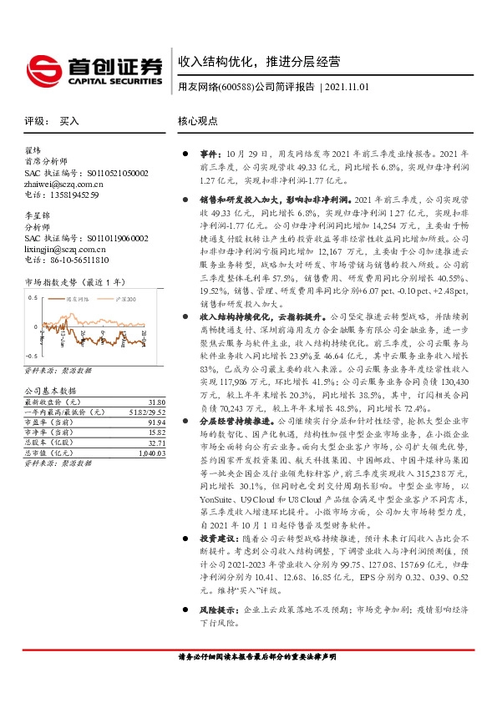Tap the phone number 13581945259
click(71, 195)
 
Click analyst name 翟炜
click(33, 151)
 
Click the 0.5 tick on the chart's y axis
click(33, 321)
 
